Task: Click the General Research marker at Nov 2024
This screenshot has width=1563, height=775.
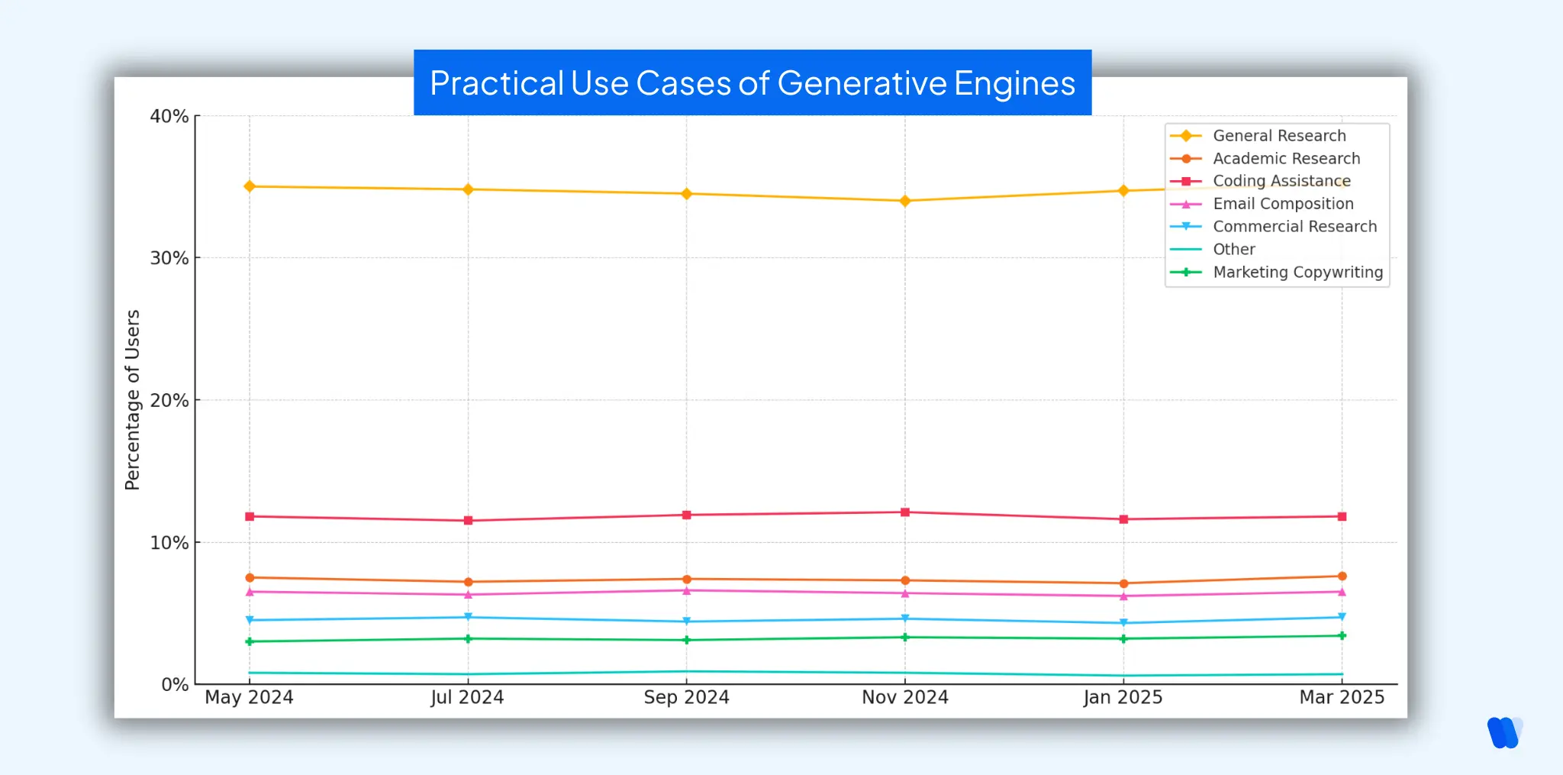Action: point(905,201)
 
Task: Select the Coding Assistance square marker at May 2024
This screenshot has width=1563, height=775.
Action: point(250,517)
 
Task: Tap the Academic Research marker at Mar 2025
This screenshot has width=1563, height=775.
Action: point(1342,576)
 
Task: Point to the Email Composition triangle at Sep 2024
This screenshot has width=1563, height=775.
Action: point(686,591)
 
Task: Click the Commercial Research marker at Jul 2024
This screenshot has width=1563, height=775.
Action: point(468,617)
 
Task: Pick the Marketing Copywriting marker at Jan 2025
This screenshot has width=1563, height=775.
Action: point(1123,638)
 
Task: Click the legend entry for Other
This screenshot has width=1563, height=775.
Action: point(1233,250)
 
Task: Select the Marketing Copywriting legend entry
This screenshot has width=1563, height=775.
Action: point(1297,273)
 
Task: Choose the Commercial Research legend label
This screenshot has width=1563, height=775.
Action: point(1294,227)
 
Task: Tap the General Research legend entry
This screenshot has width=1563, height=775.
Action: point(1279,136)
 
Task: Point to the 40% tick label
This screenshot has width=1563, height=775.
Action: point(169,117)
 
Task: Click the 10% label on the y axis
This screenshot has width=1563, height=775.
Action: point(169,543)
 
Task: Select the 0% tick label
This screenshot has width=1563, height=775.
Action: point(175,685)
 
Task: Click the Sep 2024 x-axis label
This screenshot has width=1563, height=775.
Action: point(686,697)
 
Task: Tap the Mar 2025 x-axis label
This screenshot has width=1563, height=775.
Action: point(1342,697)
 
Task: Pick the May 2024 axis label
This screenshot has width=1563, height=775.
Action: point(249,697)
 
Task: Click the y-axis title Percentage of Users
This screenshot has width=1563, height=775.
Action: point(133,399)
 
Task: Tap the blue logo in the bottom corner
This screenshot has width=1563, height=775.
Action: point(1504,733)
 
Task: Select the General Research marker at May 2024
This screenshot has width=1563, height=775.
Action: point(250,186)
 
